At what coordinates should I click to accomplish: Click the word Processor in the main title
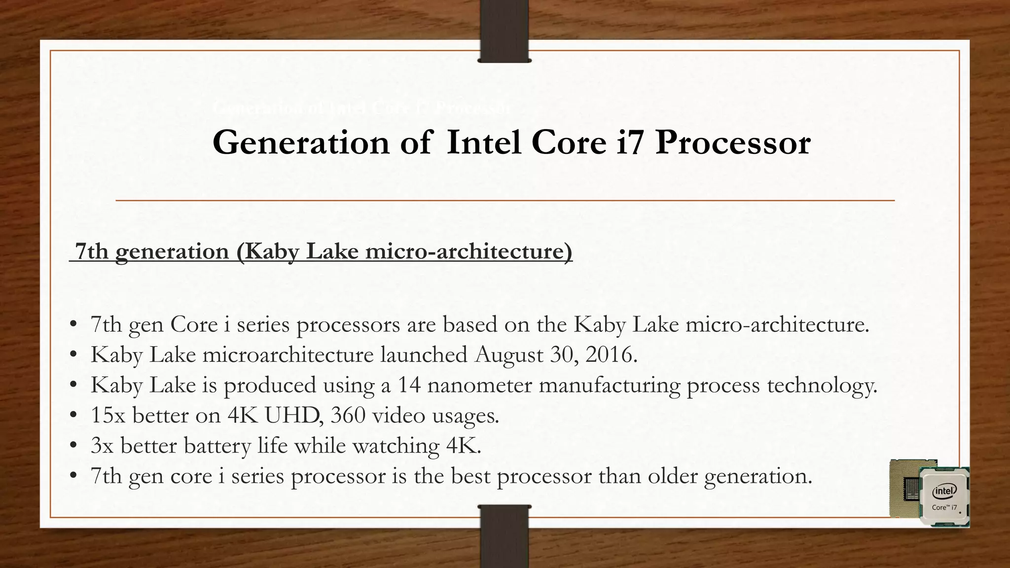tap(732, 143)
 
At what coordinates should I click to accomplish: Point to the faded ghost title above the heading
tap(362, 107)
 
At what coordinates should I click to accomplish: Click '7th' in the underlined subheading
tap(91, 251)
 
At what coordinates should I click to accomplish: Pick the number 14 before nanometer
tap(409, 385)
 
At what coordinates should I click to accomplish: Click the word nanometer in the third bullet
tap(479, 385)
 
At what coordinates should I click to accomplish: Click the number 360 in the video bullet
tap(348, 415)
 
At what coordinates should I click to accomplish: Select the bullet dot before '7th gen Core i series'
tap(73, 325)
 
